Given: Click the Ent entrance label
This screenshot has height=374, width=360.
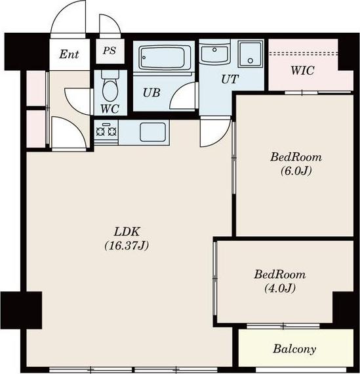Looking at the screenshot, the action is (69, 54).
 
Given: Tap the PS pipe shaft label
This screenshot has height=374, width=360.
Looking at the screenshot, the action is (110, 51).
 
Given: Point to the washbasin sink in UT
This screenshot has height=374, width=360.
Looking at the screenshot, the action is (214, 54).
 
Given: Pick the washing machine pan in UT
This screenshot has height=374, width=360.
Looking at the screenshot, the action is (250, 54).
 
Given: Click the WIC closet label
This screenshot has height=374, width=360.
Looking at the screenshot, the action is (302, 71).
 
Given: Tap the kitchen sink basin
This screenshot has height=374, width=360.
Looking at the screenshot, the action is (153, 132).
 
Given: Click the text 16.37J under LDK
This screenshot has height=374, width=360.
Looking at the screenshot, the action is (127, 245).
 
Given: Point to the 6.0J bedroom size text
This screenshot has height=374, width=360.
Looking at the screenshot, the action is (296, 171).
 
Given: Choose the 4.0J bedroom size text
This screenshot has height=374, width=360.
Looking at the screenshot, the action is (280, 288).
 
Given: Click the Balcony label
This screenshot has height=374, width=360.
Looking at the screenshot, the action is (294, 349).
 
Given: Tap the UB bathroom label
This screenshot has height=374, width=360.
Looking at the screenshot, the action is (151, 93).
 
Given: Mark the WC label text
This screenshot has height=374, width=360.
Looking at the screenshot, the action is (110, 109).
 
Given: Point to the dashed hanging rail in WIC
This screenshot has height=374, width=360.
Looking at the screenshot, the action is (304, 54).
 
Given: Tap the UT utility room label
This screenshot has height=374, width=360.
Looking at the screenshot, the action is (230, 79).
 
